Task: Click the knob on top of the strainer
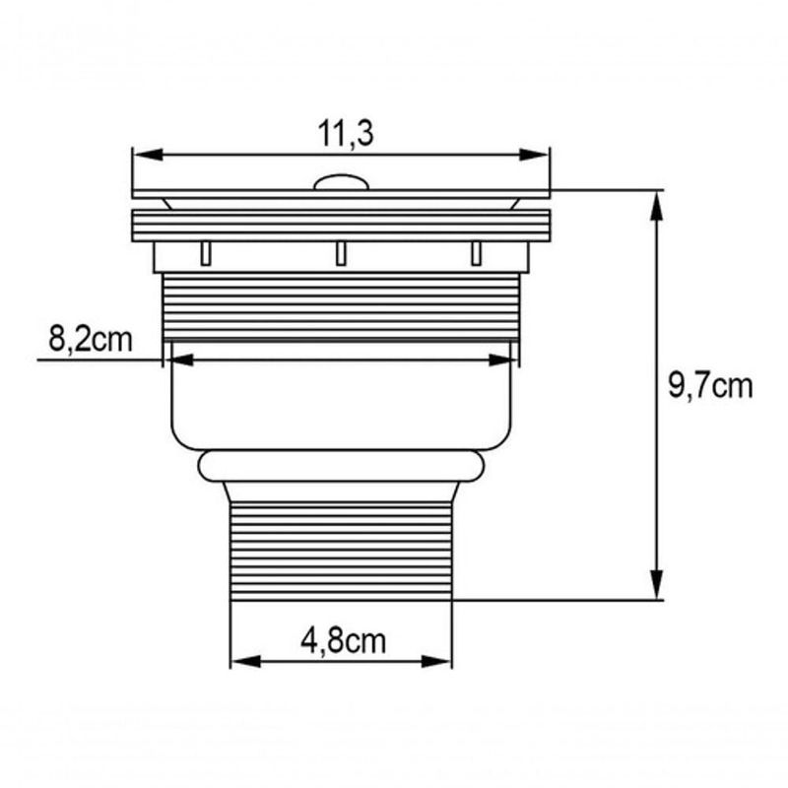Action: pos(341,182)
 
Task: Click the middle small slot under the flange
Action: pos(341,253)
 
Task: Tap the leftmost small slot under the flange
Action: pos(205,253)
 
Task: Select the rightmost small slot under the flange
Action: pos(477,253)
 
